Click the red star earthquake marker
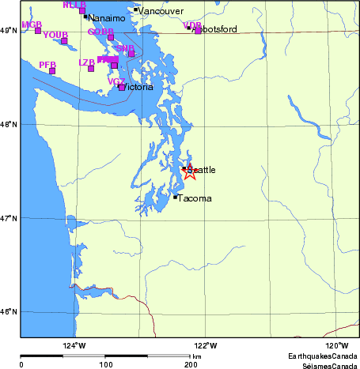189,171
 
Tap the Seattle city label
201,170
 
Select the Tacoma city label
195,198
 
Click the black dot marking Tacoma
175,197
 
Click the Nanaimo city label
106,17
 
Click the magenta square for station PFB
52,71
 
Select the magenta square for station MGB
37,30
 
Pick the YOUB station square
64,40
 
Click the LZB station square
91,68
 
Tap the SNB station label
125,48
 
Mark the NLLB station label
74,5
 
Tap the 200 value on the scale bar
190,365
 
